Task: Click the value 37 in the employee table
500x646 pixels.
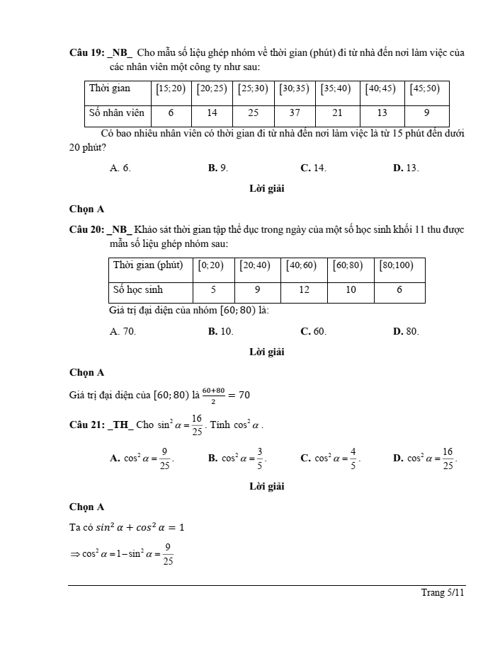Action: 295,113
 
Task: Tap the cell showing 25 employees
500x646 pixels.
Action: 254,113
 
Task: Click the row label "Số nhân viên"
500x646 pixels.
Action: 116,113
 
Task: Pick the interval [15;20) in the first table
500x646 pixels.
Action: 171,89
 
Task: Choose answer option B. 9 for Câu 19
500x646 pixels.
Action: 217,168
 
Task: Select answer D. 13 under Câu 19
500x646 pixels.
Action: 405,168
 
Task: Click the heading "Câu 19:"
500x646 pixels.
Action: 86,52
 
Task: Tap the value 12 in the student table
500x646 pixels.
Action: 304,289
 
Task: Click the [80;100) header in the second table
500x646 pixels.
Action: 399,265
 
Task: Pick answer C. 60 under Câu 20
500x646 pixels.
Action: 313,330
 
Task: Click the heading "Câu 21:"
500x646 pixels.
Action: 86,425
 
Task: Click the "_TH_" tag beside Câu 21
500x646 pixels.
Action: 120,425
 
